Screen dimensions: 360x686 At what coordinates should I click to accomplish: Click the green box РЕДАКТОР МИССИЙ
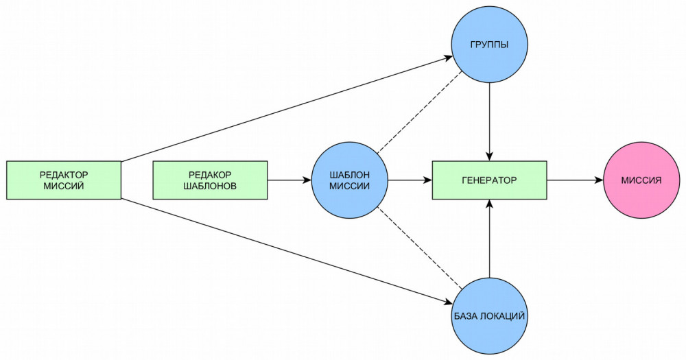pyautogui.click(x=64, y=180)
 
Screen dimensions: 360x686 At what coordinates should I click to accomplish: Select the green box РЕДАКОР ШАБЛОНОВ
pyautogui.click(x=209, y=180)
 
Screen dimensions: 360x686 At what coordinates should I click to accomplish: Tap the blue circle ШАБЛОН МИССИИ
pyautogui.click(x=350, y=180)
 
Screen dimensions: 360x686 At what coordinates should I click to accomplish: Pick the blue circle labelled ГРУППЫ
pyautogui.click(x=489, y=46)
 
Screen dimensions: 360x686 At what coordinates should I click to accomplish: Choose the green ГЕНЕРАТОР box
pyautogui.click(x=489, y=180)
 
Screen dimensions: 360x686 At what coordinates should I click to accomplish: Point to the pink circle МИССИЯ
pyautogui.click(x=641, y=180)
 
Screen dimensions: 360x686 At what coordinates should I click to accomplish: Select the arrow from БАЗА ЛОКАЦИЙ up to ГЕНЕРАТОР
pyautogui.click(x=489, y=240)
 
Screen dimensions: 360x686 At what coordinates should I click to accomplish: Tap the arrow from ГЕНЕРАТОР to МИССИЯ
pyautogui.click(x=575, y=180)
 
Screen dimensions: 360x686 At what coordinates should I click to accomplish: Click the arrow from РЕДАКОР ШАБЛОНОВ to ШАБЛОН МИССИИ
pyautogui.click(x=288, y=180)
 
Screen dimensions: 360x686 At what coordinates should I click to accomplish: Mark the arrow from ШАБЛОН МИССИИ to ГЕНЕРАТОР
pyautogui.click(x=410, y=180)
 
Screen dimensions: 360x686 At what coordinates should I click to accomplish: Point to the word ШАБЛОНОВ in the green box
pyautogui.click(x=209, y=187)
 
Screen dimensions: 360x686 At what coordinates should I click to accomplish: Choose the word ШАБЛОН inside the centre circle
pyautogui.click(x=350, y=174)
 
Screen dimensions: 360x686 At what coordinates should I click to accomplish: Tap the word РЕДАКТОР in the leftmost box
pyautogui.click(x=64, y=174)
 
